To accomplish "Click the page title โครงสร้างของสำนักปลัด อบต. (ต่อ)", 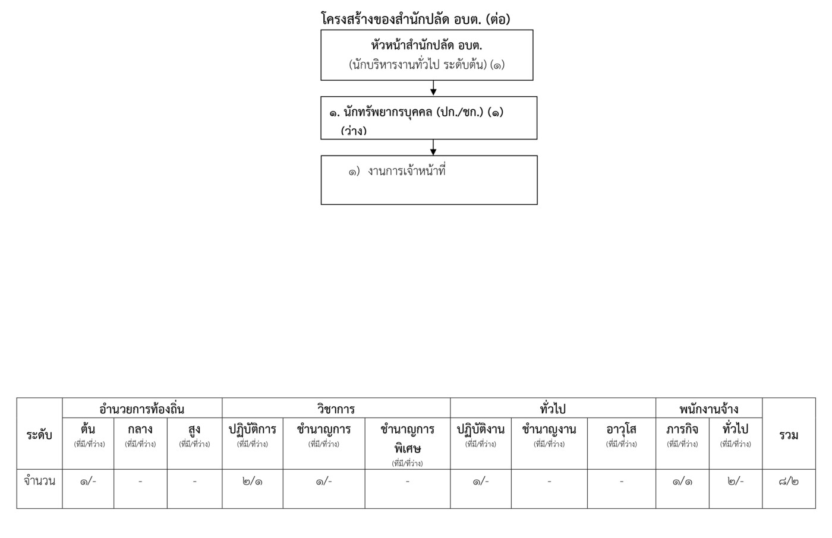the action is [x=415, y=19].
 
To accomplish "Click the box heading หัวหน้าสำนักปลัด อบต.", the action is [x=427, y=46].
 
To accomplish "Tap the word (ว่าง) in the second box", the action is [x=354, y=131].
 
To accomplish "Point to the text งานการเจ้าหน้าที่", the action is [x=406, y=171].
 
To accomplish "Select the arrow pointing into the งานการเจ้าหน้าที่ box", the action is [x=433, y=147].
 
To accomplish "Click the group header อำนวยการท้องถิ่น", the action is [x=142, y=409].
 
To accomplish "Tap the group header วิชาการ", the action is [x=336, y=409].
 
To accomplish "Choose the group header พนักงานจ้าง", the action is [x=708, y=409].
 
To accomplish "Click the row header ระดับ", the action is [x=39, y=435].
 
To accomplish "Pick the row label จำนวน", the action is [x=39, y=481].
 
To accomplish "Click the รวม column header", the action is [x=789, y=435].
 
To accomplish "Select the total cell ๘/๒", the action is [x=789, y=482].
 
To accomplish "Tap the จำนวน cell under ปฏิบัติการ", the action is [x=252, y=482].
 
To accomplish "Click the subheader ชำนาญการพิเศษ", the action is [x=408, y=439].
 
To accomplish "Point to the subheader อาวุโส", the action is [x=622, y=429].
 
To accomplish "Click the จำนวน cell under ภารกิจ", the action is [x=682, y=482].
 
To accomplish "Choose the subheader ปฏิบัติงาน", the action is [x=481, y=429].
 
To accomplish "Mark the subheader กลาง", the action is [x=140, y=429].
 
